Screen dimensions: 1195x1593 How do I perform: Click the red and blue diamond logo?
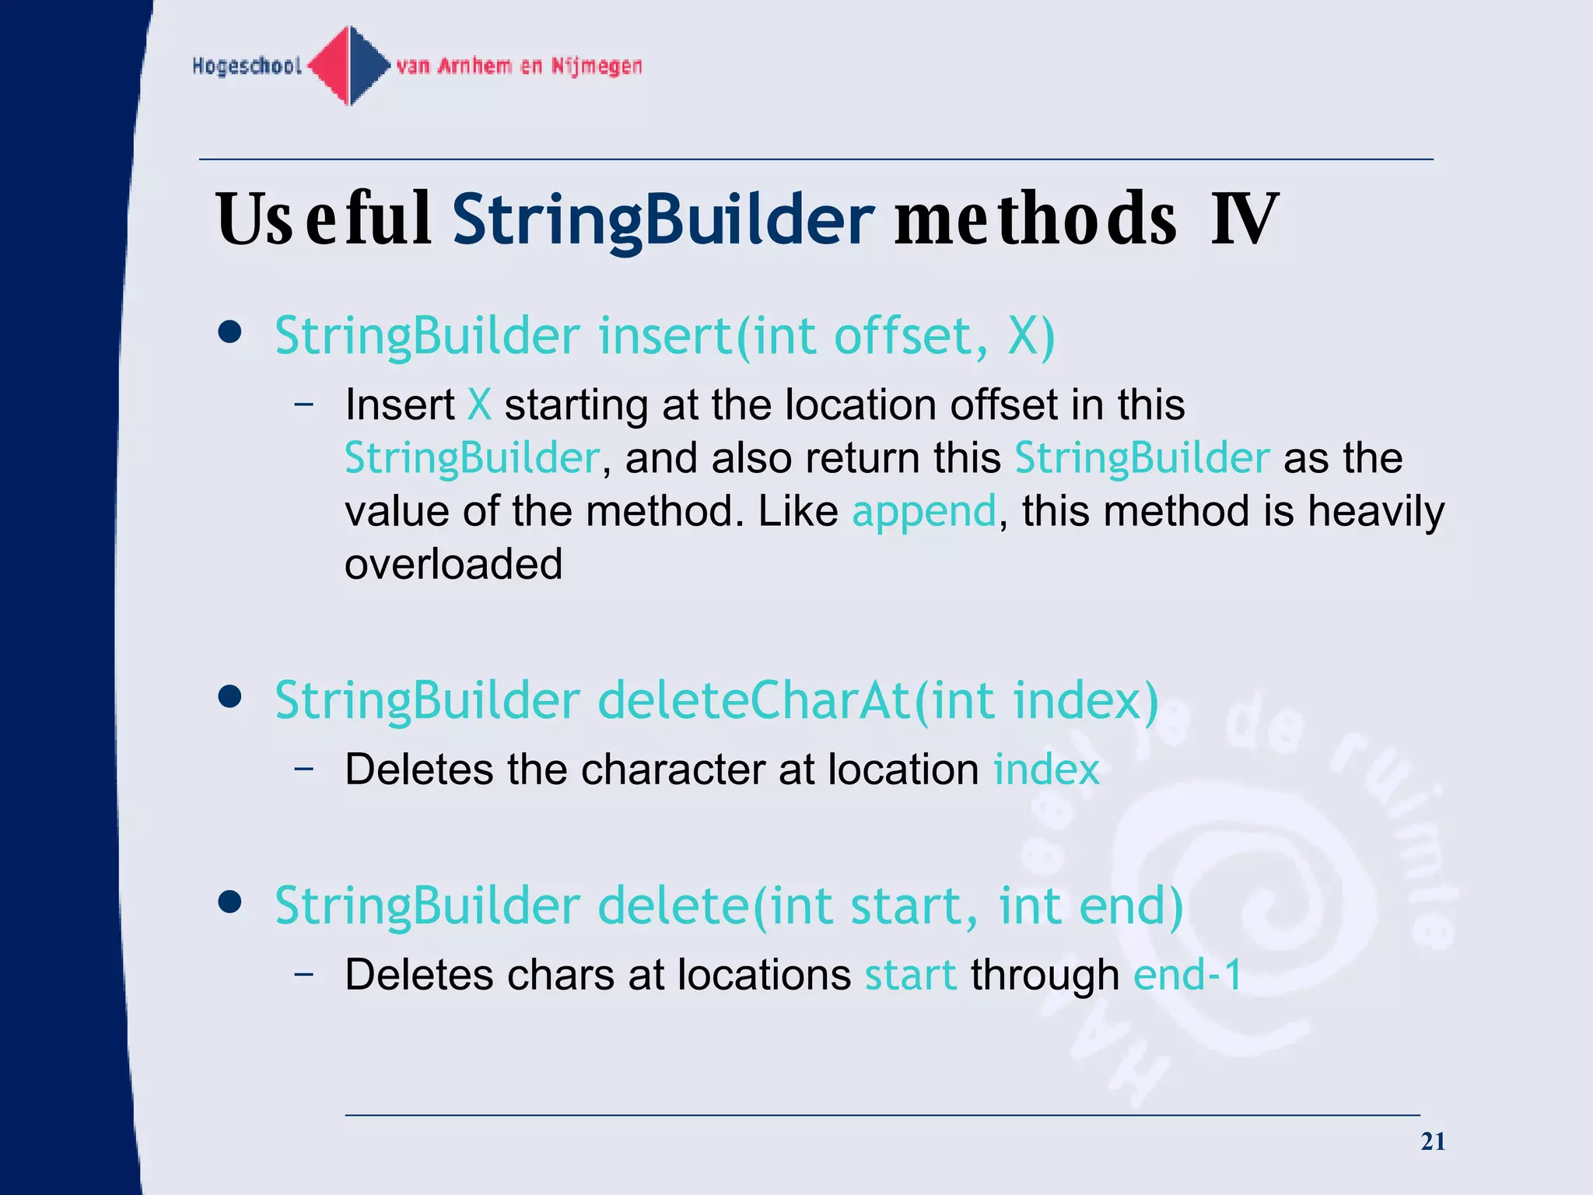pos(350,65)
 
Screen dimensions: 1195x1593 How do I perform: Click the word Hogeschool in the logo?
pos(247,66)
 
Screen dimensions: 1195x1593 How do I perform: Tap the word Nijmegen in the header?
pos(597,66)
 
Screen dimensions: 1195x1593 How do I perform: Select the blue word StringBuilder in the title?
pos(663,219)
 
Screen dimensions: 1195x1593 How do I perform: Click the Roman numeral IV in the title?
pos(1244,219)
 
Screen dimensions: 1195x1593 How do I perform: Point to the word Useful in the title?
pos(323,219)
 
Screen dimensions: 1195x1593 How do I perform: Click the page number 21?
pos(1433,1141)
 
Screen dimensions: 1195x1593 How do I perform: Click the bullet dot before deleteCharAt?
pos(229,696)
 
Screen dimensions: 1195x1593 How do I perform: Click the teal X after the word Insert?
pos(479,405)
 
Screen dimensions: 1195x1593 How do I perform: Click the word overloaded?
pos(453,564)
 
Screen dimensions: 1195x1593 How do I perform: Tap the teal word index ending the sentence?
pos(1046,770)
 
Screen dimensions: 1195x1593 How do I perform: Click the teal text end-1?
pos(1187,976)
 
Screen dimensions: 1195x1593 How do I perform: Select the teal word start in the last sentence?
pos(910,976)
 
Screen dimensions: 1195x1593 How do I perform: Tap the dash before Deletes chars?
pos(304,973)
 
